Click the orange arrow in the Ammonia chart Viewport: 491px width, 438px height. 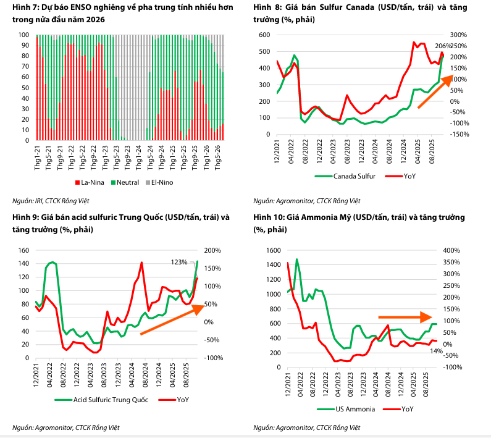coord(404,318)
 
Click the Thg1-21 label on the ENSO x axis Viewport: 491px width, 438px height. coord(38,158)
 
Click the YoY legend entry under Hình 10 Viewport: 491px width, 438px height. coord(402,409)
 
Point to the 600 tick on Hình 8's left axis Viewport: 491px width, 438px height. coord(264,35)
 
